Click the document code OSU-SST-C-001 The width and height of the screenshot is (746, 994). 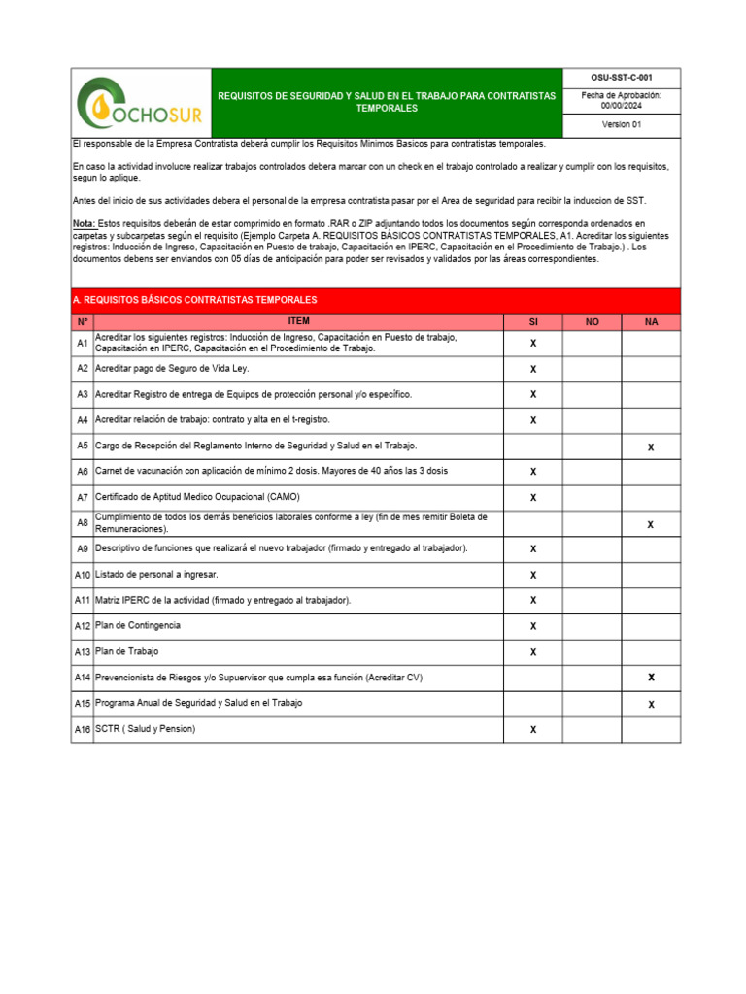pos(622,76)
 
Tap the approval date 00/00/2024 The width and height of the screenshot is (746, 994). pos(622,106)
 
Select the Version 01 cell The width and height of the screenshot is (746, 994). pos(622,125)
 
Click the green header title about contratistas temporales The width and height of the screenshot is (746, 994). pos(386,102)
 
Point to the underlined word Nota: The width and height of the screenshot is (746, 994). pos(84,223)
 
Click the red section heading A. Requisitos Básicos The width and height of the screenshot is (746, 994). pos(195,300)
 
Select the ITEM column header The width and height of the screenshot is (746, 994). pos(298,321)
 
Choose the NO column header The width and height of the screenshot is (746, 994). pos(592,321)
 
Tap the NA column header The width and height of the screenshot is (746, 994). pos(651,321)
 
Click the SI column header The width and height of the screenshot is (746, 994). pos(532,321)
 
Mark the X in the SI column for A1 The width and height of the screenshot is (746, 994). pos(532,344)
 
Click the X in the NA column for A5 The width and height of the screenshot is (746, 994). pos(651,447)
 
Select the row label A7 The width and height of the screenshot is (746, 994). pos(83,497)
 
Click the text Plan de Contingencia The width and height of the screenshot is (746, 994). pos(137,625)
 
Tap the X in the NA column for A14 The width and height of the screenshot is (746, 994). pos(651,677)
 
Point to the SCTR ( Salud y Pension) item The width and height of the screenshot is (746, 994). pos(145,728)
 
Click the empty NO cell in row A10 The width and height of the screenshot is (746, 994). pos(592,575)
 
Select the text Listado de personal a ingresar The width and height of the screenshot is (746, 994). pos(156,575)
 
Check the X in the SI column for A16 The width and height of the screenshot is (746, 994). pos(532,729)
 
